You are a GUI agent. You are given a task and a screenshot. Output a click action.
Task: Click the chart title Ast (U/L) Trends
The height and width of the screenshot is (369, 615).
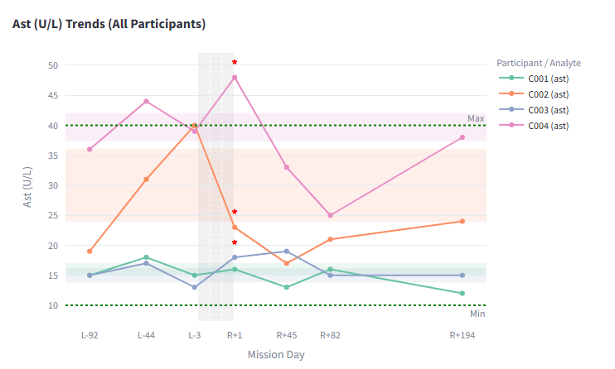(x=109, y=24)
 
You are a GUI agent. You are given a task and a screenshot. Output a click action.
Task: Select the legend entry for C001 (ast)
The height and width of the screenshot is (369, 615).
(x=548, y=79)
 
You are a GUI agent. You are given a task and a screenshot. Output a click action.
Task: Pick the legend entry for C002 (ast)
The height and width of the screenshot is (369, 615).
(x=548, y=94)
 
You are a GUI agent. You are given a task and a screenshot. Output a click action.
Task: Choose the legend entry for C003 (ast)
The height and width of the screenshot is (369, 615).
(x=548, y=110)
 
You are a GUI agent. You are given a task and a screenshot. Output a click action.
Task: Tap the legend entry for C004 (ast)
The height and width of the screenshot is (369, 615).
(x=548, y=126)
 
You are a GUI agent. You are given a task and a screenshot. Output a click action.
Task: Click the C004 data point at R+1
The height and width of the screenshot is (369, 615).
(x=235, y=78)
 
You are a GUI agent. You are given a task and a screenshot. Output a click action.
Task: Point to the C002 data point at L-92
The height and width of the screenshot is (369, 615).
(x=90, y=251)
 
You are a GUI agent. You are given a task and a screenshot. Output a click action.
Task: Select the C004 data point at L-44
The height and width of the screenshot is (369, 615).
(x=146, y=102)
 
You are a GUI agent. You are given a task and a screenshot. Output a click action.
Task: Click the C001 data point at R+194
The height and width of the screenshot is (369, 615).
(x=462, y=293)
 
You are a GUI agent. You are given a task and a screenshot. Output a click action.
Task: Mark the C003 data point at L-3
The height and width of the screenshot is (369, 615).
(x=195, y=287)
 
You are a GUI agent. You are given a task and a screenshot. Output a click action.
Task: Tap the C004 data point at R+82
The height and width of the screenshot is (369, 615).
(x=330, y=215)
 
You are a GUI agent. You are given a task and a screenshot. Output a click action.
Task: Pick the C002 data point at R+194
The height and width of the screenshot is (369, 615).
(x=462, y=221)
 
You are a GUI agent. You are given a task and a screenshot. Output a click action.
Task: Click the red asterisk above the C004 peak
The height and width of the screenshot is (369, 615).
(x=235, y=63)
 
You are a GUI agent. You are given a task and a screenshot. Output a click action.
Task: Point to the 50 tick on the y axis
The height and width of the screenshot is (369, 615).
(x=53, y=65)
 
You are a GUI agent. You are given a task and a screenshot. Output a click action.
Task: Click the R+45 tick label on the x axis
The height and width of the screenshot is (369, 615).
(x=287, y=335)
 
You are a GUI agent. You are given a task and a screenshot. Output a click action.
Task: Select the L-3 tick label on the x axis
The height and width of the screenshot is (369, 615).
(x=195, y=335)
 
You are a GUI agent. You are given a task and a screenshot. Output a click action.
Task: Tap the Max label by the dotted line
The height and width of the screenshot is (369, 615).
(x=476, y=119)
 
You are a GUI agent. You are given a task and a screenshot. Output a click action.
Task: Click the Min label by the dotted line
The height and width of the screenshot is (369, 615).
(x=477, y=314)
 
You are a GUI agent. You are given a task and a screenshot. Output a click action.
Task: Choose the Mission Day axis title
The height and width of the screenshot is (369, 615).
(x=276, y=354)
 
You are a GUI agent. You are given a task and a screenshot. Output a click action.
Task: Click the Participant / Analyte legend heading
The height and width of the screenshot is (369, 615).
(x=539, y=63)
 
